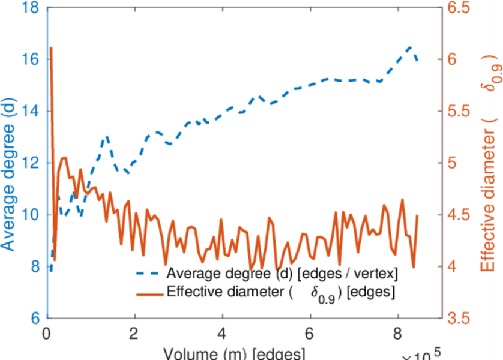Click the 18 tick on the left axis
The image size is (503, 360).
[x=31, y=8]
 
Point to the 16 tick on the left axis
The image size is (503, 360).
[x=31, y=59]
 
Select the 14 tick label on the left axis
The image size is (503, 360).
[x=31, y=111]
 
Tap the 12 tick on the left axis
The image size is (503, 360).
[x=31, y=163]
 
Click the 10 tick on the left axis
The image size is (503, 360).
[x=31, y=214]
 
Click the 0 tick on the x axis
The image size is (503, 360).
[x=47, y=332]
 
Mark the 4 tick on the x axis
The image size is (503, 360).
[x=223, y=332]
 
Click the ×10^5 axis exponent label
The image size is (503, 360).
[x=424, y=354]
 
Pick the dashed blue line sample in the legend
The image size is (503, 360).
[x=149, y=274]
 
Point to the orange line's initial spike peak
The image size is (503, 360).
[x=51, y=47]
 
